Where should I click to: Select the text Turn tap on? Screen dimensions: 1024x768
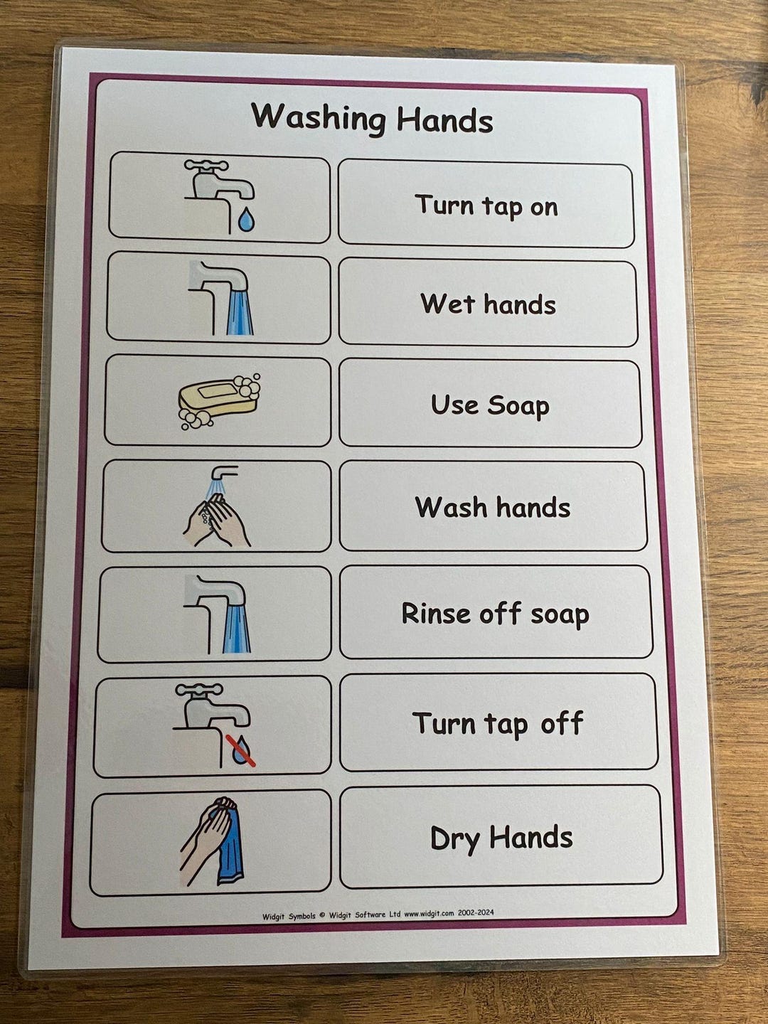pos(486,206)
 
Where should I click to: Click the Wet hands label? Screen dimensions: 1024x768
pos(488,304)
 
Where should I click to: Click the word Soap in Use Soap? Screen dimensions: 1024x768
pos(518,405)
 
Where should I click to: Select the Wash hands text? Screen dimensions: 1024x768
pos(492,508)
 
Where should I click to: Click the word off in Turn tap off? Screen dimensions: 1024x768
pos(562,723)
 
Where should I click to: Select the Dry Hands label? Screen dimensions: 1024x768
pos(501,838)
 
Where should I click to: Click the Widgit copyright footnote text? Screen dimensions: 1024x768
pos(378,914)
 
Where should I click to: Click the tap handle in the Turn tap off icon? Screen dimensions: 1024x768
pos(199,689)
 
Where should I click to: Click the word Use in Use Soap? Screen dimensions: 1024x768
pos(454,405)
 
